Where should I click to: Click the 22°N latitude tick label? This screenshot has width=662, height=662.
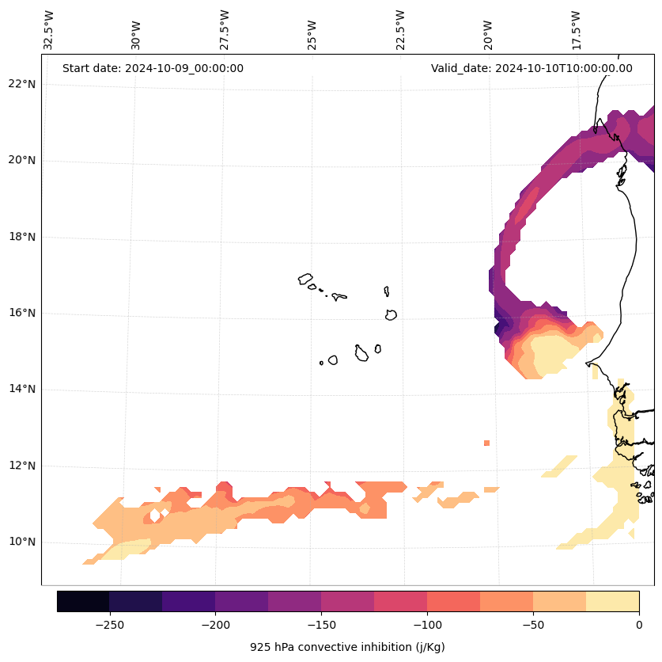click(x=22, y=84)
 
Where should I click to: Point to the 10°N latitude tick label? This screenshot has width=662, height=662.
click(x=22, y=542)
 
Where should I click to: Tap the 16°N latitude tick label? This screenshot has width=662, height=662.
click(x=22, y=313)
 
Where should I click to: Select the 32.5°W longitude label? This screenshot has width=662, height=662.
click(x=49, y=29)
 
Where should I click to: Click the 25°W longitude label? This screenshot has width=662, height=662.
click(x=312, y=33)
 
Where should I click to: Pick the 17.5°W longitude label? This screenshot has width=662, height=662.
click(x=577, y=29)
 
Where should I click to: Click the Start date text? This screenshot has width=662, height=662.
click(x=153, y=68)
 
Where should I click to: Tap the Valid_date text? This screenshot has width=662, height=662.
click(x=531, y=68)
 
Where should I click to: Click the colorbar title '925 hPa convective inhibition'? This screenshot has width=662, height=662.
click(x=347, y=647)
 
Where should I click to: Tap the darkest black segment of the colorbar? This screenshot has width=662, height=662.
click(x=83, y=601)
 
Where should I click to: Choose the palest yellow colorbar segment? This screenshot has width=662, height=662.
click(x=612, y=601)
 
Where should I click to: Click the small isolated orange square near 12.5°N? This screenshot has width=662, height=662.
click(x=486, y=443)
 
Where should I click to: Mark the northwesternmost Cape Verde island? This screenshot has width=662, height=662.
click(x=305, y=279)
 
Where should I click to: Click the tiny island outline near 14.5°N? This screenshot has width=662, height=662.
click(x=321, y=363)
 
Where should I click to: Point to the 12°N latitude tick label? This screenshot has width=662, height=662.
click(x=22, y=466)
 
